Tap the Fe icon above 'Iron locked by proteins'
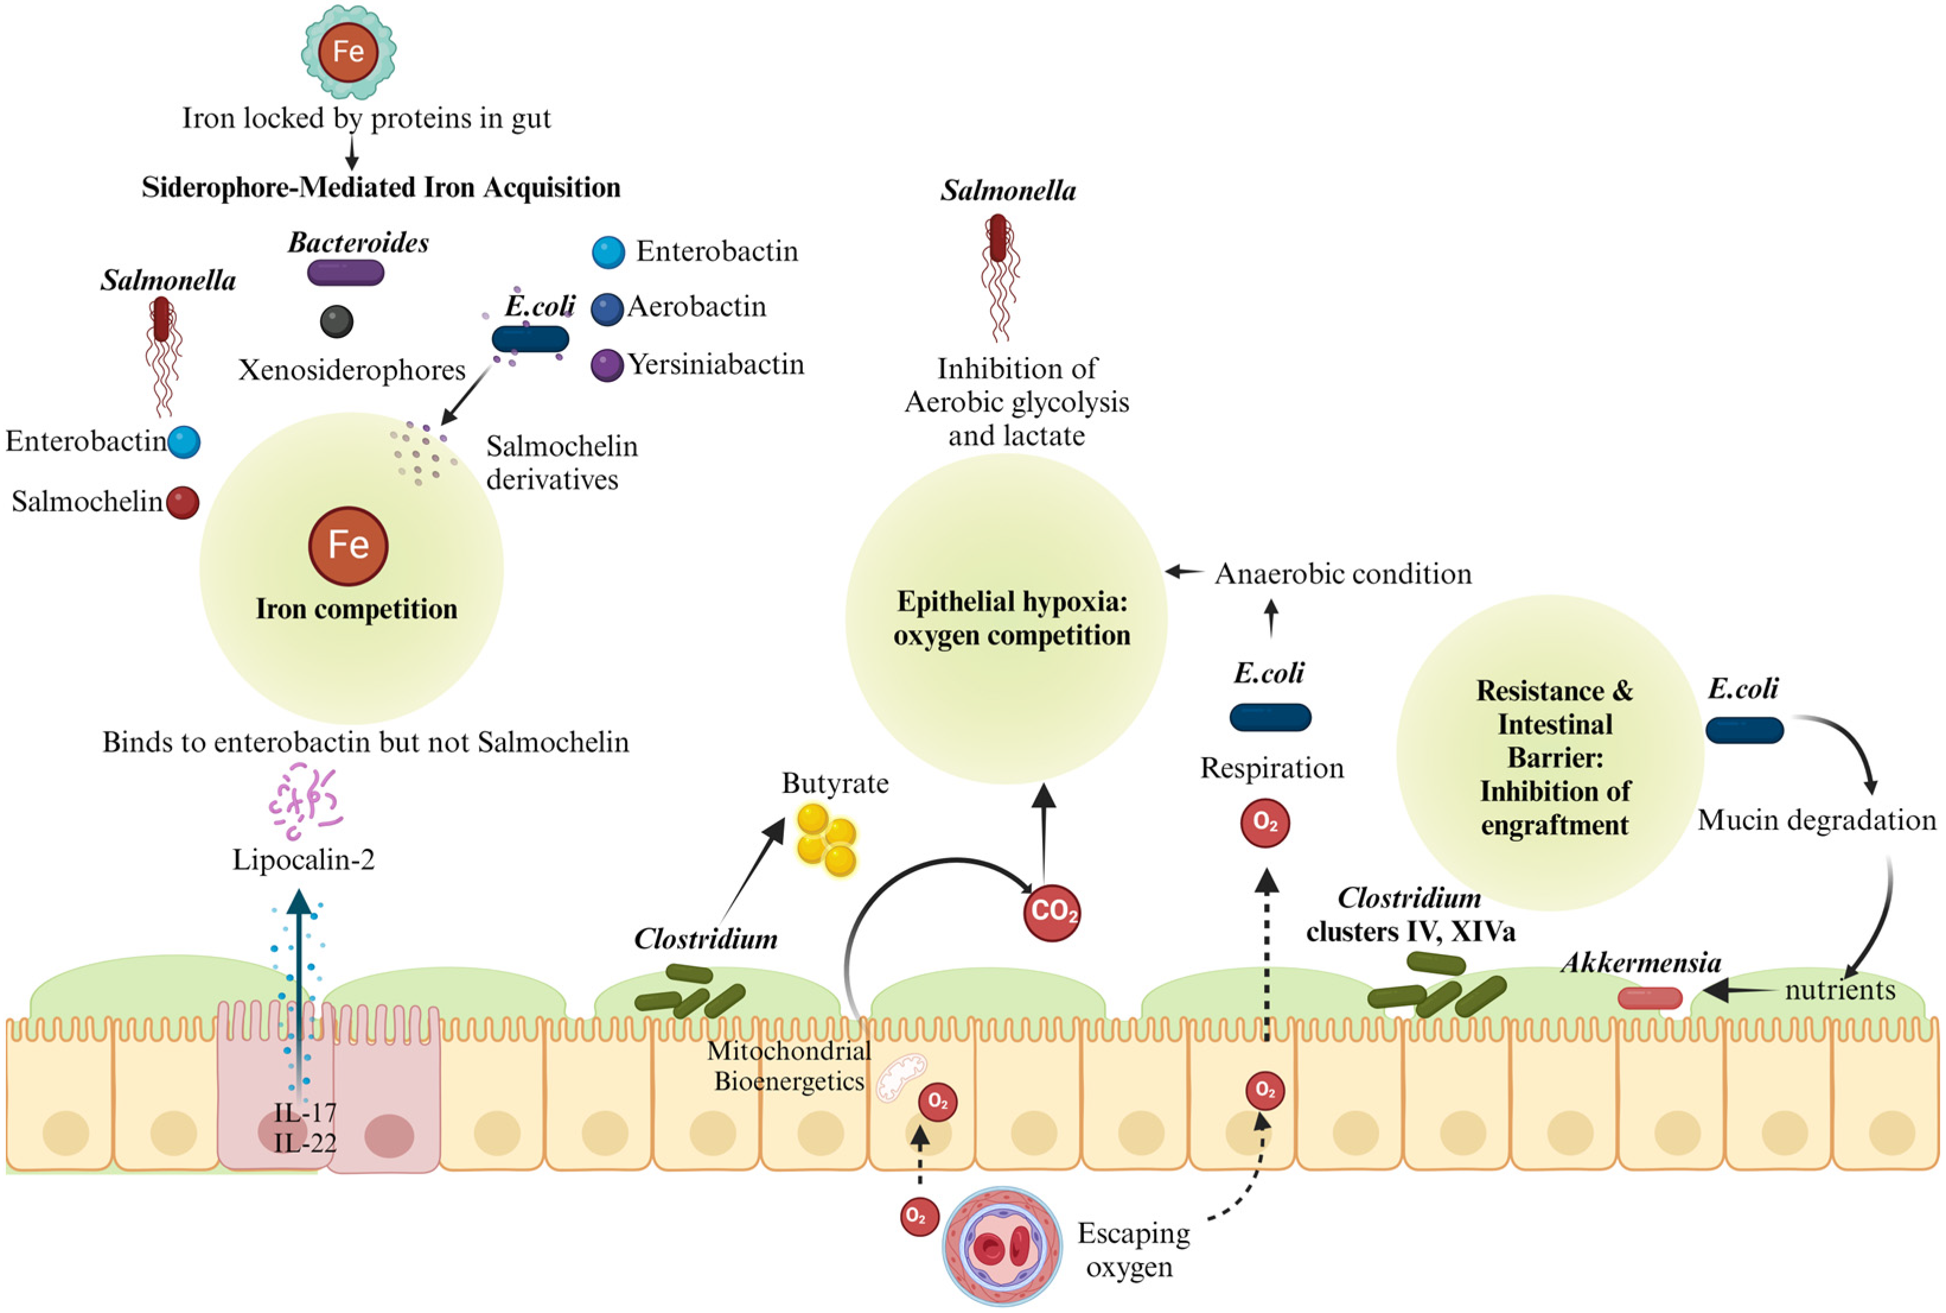348,52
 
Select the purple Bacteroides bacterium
346,273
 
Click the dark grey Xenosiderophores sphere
336,321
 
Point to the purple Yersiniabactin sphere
607,365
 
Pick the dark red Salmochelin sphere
183,502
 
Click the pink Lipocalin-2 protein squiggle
304,801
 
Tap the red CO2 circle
1052,912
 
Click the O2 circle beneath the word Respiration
1265,824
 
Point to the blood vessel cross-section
1003,1246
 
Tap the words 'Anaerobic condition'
1342,575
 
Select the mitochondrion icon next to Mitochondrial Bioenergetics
901,1076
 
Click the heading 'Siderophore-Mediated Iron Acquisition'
381,187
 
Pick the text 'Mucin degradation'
1816,820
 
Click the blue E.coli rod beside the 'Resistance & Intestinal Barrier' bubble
1744,729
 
